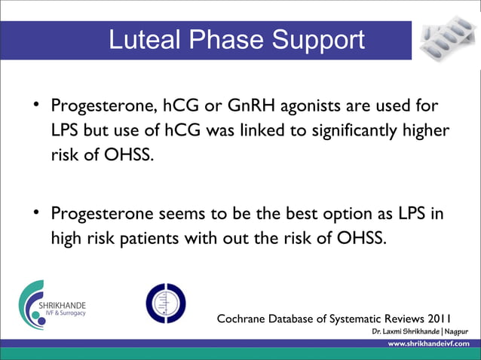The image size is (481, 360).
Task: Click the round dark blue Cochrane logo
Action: click(x=164, y=303)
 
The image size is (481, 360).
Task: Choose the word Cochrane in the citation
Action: click(x=247, y=318)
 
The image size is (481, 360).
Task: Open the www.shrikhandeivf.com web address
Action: click(x=430, y=343)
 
